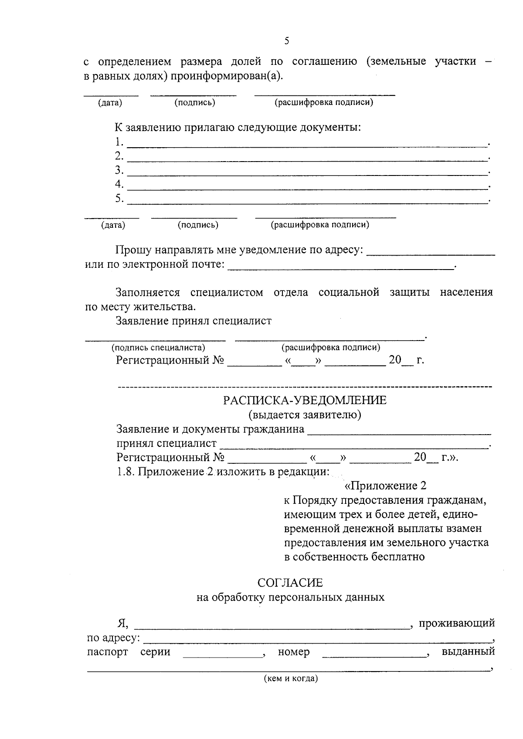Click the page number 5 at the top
coord(286,41)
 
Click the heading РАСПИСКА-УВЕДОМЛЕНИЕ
coord(305,400)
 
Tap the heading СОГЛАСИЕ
coord(290,583)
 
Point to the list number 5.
coord(119,199)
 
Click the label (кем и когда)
coord(291,678)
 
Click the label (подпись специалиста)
coord(158,348)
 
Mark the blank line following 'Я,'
coord(272,627)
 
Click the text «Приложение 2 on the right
coord(385,486)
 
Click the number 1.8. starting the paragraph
coord(126,472)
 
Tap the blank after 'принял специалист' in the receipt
coord(353,446)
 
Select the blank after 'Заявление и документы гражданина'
coord(399,432)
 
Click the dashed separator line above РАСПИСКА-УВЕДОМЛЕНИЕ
coord(305,386)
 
